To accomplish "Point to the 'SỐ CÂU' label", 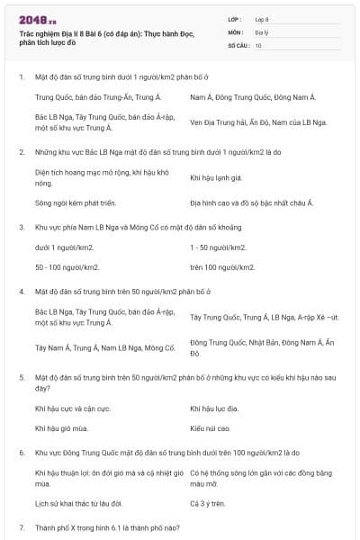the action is point(236,44).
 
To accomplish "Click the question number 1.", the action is point(21,76).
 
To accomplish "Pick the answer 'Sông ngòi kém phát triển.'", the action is point(75,203).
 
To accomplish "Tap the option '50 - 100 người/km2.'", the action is point(67,267).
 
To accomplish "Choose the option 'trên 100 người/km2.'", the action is point(223,267).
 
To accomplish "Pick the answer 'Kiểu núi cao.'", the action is point(211,428).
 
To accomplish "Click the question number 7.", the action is point(21,526).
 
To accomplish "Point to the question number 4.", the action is point(21,292).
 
